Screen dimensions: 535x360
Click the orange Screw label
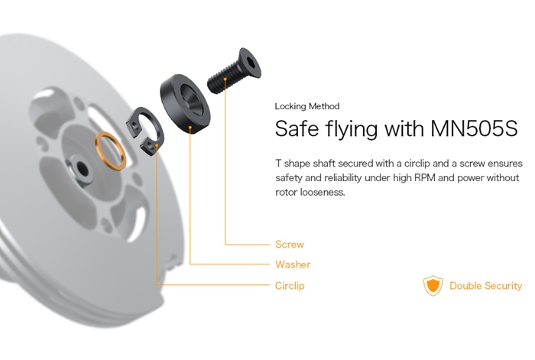coord(290,245)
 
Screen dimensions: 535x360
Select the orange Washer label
coord(293,264)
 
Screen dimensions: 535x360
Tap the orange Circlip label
coord(290,286)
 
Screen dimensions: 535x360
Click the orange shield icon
coord(433,286)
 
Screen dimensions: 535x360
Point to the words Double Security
coord(485,286)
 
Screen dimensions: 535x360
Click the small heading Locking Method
coord(307,106)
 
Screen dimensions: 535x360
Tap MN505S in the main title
coord(474,128)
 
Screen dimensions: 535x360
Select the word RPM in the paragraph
coord(424,178)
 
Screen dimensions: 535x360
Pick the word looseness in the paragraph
coord(323,192)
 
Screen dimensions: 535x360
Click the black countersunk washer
coord(185,104)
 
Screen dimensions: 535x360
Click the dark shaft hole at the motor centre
coord(82,167)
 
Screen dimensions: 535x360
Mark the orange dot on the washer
coord(190,128)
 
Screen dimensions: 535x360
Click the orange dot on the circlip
coord(157,146)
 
